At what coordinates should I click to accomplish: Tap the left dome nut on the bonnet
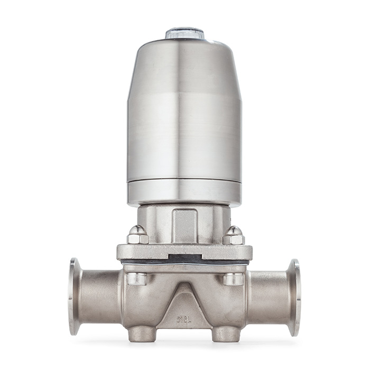[x=137, y=235]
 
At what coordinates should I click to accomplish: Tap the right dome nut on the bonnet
[x=233, y=235]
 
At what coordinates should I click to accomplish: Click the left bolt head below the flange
[x=137, y=278]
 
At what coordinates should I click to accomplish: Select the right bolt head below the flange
[x=234, y=278]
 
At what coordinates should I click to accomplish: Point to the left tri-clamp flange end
[x=75, y=297]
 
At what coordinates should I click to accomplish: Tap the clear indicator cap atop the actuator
[x=184, y=33]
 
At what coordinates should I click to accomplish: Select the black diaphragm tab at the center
[x=184, y=259]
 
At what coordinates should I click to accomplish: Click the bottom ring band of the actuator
[x=184, y=193]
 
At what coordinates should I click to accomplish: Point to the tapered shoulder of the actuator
[x=184, y=58]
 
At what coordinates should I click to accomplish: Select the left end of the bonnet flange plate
[x=123, y=252]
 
